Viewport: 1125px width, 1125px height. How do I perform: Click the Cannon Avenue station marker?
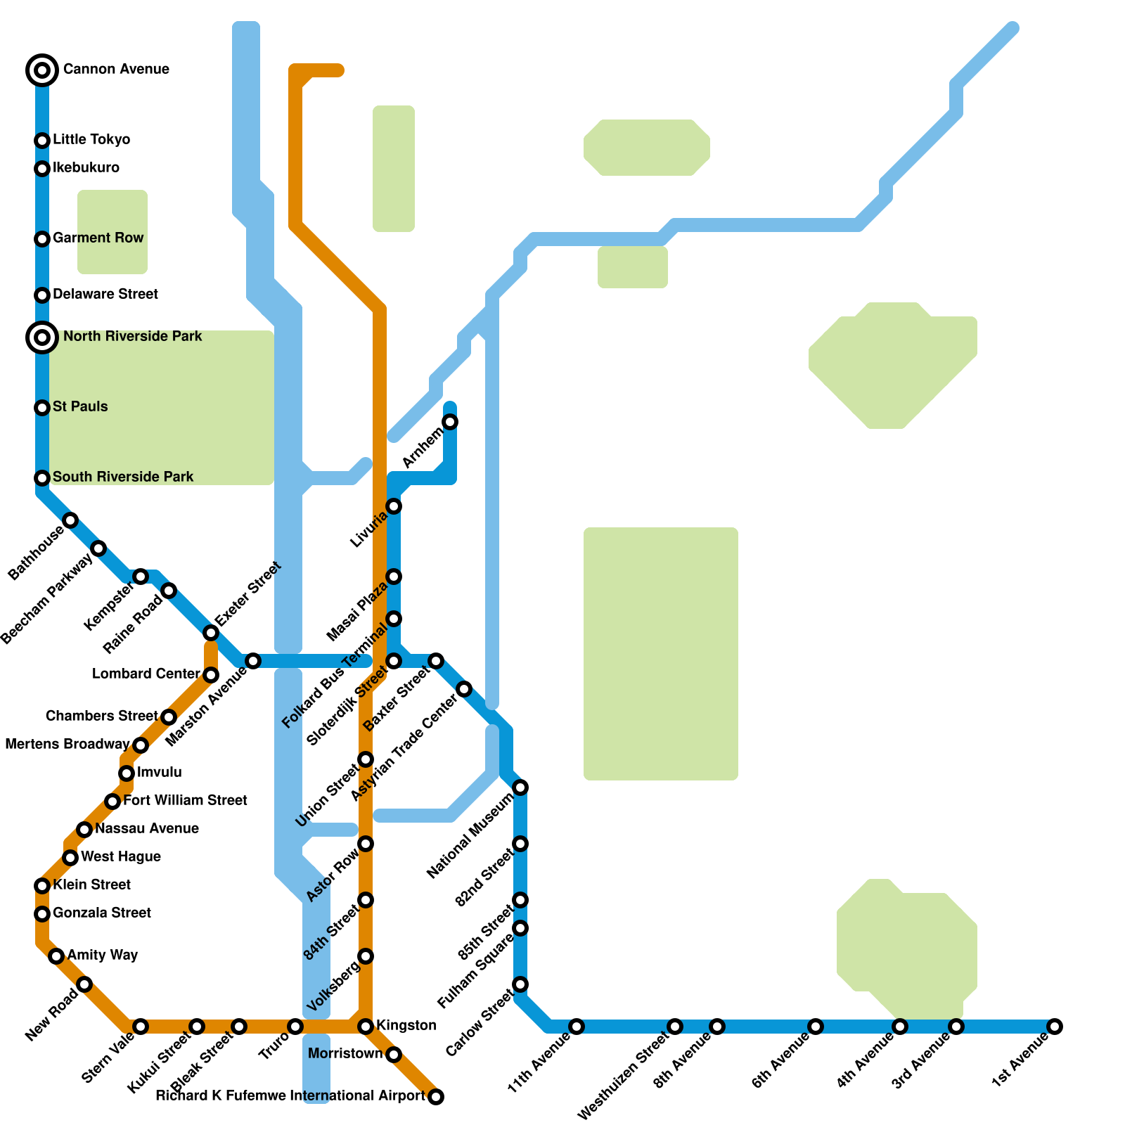click(x=42, y=70)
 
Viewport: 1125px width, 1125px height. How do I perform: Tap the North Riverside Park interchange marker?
click(x=42, y=337)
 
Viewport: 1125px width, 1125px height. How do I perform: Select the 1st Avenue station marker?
click(x=1054, y=1027)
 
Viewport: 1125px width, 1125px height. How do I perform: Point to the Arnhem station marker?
click(x=450, y=422)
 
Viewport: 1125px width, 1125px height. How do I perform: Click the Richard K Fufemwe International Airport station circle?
click(x=436, y=1097)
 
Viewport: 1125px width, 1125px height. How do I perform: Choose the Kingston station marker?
click(x=366, y=1027)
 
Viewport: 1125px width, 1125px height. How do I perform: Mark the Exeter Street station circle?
click(x=211, y=633)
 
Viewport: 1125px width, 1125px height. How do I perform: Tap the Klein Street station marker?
click(x=42, y=886)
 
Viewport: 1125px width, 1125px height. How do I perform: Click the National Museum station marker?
click(x=520, y=787)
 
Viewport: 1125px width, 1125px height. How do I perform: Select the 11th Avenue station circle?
click(x=577, y=1027)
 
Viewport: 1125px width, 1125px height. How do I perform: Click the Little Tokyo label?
click(x=91, y=140)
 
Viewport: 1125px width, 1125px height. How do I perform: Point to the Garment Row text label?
click(x=98, y=238)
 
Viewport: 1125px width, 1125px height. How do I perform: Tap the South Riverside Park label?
click(x=123, y=477)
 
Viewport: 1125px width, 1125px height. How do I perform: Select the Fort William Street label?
click(x=185, y=801)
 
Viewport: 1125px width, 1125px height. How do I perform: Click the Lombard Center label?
click(x=146, y=674)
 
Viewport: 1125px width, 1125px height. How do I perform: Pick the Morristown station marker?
click(x=394, y=1055)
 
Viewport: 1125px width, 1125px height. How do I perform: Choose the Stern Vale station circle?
click(x=141, y=1027)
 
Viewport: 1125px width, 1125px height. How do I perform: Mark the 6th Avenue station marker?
click(x=816, y=1027)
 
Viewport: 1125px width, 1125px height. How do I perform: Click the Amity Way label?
click(x=103, y=956)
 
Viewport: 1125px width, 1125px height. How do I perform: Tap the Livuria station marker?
click(x=394, y=506)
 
